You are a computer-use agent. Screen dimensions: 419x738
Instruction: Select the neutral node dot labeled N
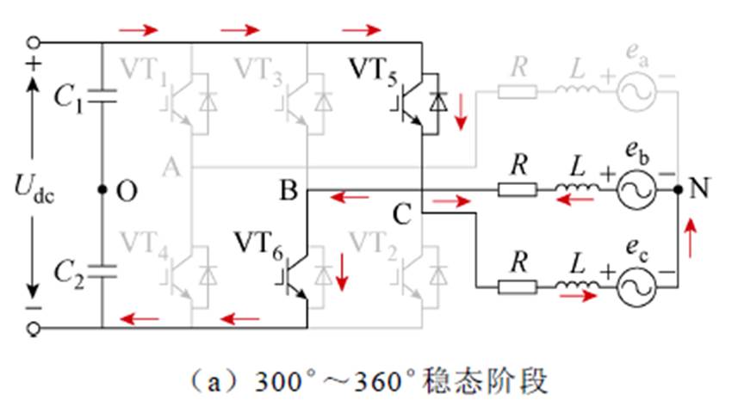coord(678,190)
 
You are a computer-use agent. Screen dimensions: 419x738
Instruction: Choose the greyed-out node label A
coord(171,169)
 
